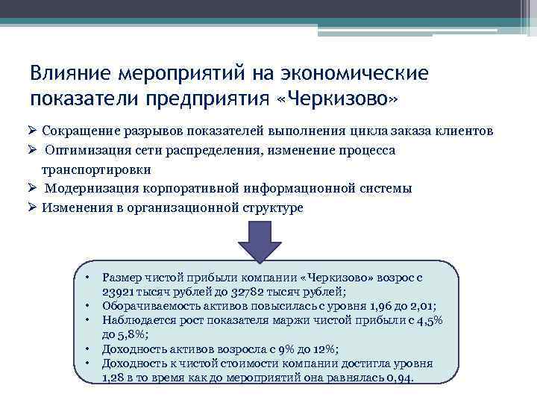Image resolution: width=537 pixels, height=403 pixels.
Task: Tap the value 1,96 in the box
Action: [380, 306]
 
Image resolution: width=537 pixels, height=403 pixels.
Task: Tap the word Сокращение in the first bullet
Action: [81, 131]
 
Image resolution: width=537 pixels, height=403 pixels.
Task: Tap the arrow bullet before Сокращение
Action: [33, 131]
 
